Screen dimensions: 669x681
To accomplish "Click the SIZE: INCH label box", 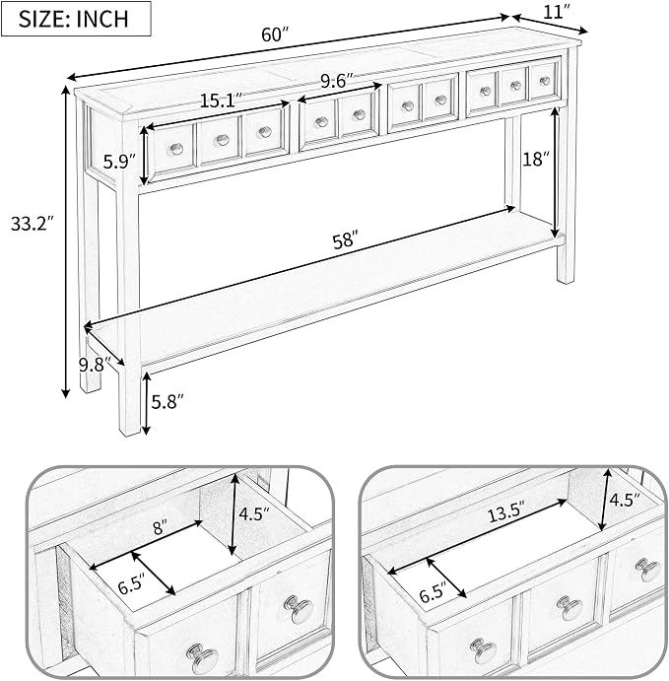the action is pyautogui.click(x=76, y=19).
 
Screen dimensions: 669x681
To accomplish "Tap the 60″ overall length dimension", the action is pyautogui.click(x=275, y=34).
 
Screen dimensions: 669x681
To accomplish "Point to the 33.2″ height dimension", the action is pyautogui.click(x=32, y=224).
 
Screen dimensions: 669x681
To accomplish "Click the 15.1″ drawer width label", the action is pyautogui.click(x=221, y=102).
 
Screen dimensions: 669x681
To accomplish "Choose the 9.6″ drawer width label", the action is pyautogui.click(x=337, y=81).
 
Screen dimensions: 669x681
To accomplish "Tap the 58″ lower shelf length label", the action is pyautogui.click(x=346, y=241).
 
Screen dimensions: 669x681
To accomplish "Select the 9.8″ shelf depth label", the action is pyautogui.click(x=95, y=365).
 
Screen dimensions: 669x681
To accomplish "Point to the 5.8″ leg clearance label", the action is pyautogui.click(x=168, y=402).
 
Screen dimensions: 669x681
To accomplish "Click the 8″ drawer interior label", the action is pyautogui.click(x=160, y=528).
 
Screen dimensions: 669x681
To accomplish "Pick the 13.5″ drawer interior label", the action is pyautogui.click(x=506, y=515).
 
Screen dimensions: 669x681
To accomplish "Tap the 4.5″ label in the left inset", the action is pyautogui.click(x=255, y=514).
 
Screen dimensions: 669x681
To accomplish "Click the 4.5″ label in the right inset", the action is pyautogui.click(x=625, y=501).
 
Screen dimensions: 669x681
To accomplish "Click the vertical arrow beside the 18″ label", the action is pyautogui.click(x=555, y=172).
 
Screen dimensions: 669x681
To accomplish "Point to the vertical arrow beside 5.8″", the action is pyautogui.click(x=147, y=403).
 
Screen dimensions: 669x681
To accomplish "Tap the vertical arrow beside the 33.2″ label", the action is pyautogui.click(x=66, y=241).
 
